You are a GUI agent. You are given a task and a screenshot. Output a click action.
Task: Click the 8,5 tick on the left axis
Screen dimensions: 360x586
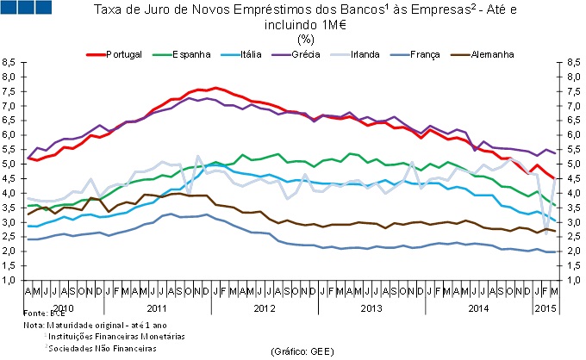click(x=10, y=62)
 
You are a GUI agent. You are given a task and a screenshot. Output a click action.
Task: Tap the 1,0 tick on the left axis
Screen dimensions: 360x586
click(x=10, y=280)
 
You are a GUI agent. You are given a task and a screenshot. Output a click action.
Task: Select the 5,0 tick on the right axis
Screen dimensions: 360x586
click(x=570, y=164)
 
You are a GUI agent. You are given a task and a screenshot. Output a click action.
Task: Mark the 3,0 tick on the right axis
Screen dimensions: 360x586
click(x=570, y=222)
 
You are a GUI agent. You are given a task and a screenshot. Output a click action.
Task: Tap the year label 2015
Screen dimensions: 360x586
click(x=545, y=307)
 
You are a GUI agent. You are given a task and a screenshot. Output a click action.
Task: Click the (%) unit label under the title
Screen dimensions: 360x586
click(x=304, y=38)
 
